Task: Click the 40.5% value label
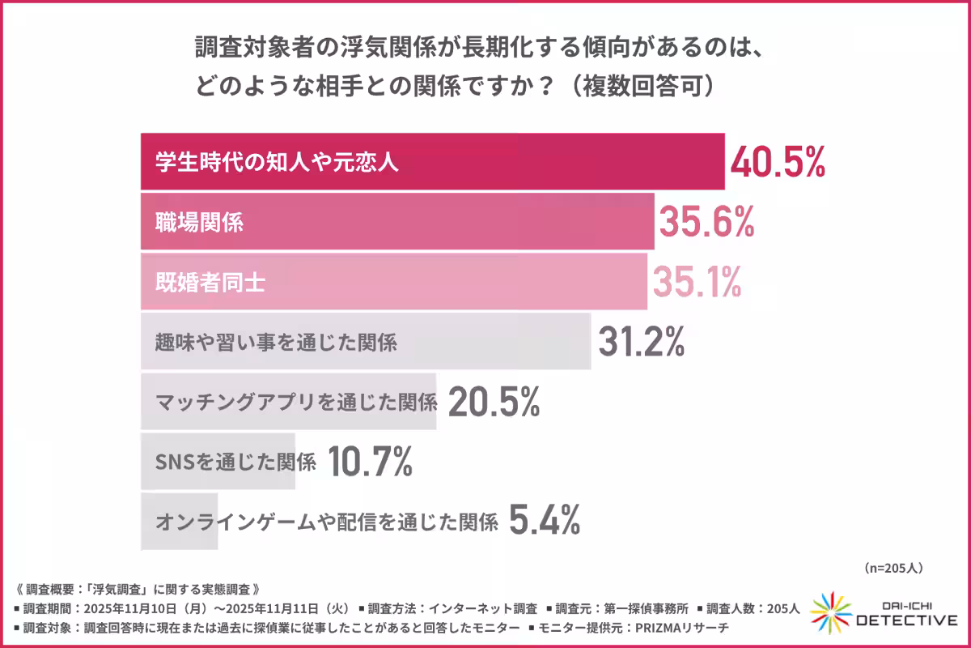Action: (x=778, y=161)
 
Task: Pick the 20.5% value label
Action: (x=493, y=402)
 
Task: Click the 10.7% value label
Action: (x=371, y=462)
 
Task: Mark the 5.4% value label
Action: (x=545, y=521)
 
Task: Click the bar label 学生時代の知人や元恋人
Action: (x=277, y=161)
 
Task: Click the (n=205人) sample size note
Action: (x=893, y=568)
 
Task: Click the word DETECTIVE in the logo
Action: (x=906, y=620)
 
